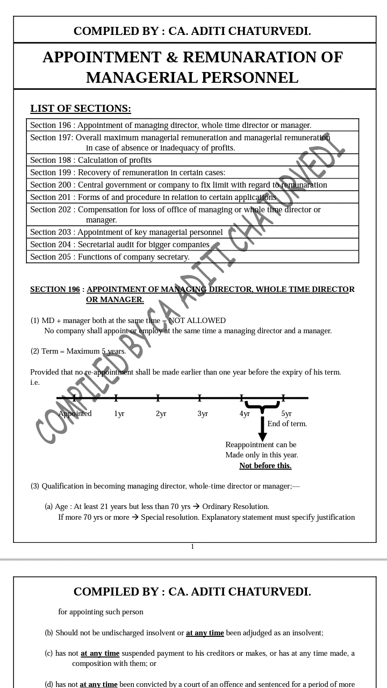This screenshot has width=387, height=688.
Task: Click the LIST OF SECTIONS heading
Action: point(81,109)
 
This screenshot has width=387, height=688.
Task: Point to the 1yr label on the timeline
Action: point(119,414)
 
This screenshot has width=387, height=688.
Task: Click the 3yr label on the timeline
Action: point(203,414)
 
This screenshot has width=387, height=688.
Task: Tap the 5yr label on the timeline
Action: point(286,414)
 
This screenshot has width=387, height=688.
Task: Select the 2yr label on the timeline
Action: point(161,414)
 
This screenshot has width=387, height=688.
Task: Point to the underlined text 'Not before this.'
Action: point(266,465)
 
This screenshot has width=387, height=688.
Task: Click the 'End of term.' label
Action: point(287,424)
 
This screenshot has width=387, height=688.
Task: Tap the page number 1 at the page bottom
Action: point(192,547)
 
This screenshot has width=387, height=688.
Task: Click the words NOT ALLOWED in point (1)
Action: point(197,321)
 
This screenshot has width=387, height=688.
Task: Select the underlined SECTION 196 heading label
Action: point(55,289)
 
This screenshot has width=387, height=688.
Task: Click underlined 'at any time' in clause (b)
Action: point(205,633)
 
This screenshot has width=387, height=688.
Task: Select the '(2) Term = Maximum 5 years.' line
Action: point(78,352)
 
